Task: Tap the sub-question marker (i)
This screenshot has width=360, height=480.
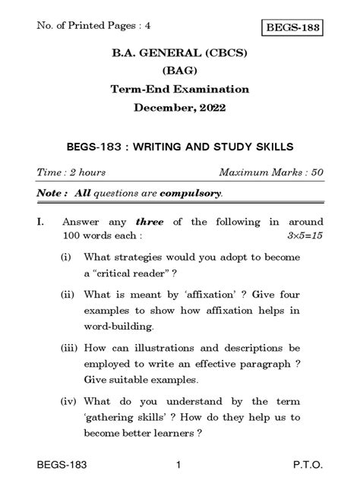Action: click(x=67, y=257)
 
